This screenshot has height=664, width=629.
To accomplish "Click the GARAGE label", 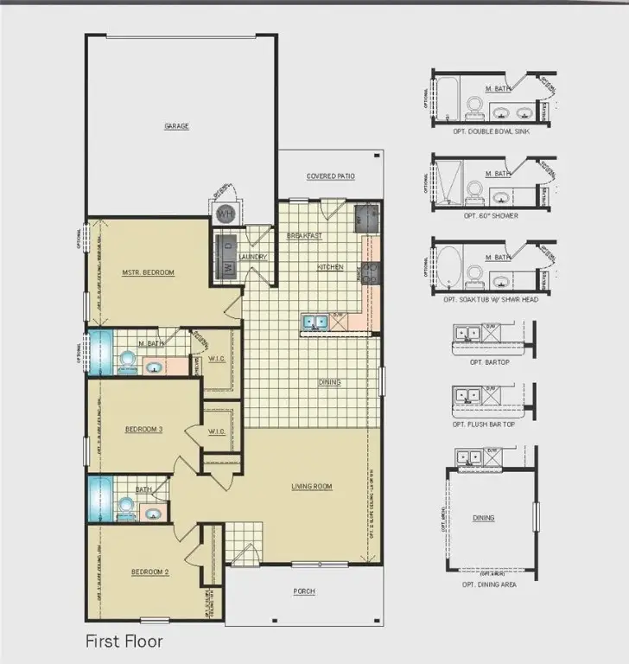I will click(176, 126).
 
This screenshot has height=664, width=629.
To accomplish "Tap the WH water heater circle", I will click(225, 213).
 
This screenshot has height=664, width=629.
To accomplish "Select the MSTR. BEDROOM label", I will click(149, 272).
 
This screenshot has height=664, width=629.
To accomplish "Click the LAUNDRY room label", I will click(253, 257).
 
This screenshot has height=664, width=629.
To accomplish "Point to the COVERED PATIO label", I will click(331, 176).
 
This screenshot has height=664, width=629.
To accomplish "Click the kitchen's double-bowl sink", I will click(314, 322).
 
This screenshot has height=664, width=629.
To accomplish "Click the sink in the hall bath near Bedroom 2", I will click(154, 514).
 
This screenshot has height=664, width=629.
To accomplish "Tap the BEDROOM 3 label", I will click(143, 429).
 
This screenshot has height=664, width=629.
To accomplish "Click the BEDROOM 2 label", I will click(149, 571).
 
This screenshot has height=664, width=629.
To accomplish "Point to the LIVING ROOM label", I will click(311, 487).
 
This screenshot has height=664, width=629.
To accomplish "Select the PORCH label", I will click(304, 591).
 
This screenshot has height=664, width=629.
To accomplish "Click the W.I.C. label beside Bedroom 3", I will click(217, 432).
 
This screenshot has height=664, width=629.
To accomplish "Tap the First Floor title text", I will click(124, 642).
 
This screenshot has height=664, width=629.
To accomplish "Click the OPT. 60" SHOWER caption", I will click(491, 215).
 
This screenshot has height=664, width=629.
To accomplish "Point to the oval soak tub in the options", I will click(452, 265).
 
